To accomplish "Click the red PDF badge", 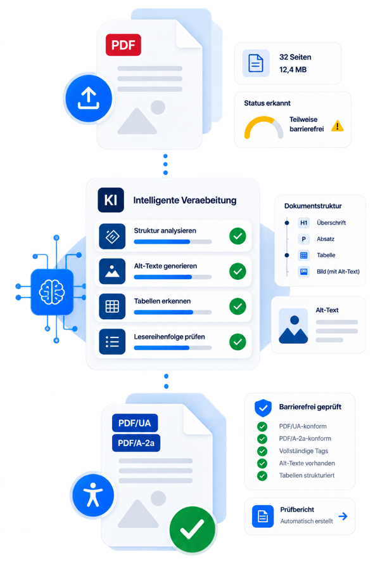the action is (x=123, y=45).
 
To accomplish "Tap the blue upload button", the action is (x=89, y=99).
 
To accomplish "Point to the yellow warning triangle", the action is (x=338, y=126).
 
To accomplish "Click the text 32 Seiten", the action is (x=295, y=57).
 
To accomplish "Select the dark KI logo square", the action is (x=111, y=200).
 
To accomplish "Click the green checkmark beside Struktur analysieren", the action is (x=238, y=236).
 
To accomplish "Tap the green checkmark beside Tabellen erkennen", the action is (x=238, y=306).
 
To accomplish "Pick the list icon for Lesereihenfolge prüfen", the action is (x=112, y=341).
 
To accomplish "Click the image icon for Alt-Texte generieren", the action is (x=112, y=272).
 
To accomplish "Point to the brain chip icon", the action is (x=52, y=292).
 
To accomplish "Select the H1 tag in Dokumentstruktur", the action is (x=303, y=223).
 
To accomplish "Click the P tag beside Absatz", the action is (x=303, y=239).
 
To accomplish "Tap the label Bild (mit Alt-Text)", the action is (x=338, y=272).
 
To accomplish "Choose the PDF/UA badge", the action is (x=134, y=423).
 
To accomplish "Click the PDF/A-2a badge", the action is (x=136, y=443).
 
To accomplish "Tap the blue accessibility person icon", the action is (x=93, y=496).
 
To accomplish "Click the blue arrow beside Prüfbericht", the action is (x=343, y=516).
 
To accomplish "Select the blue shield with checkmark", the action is (x=263, y=408).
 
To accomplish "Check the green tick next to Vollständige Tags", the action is (x=262, y=451).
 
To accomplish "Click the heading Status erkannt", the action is (x=267, y=103).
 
